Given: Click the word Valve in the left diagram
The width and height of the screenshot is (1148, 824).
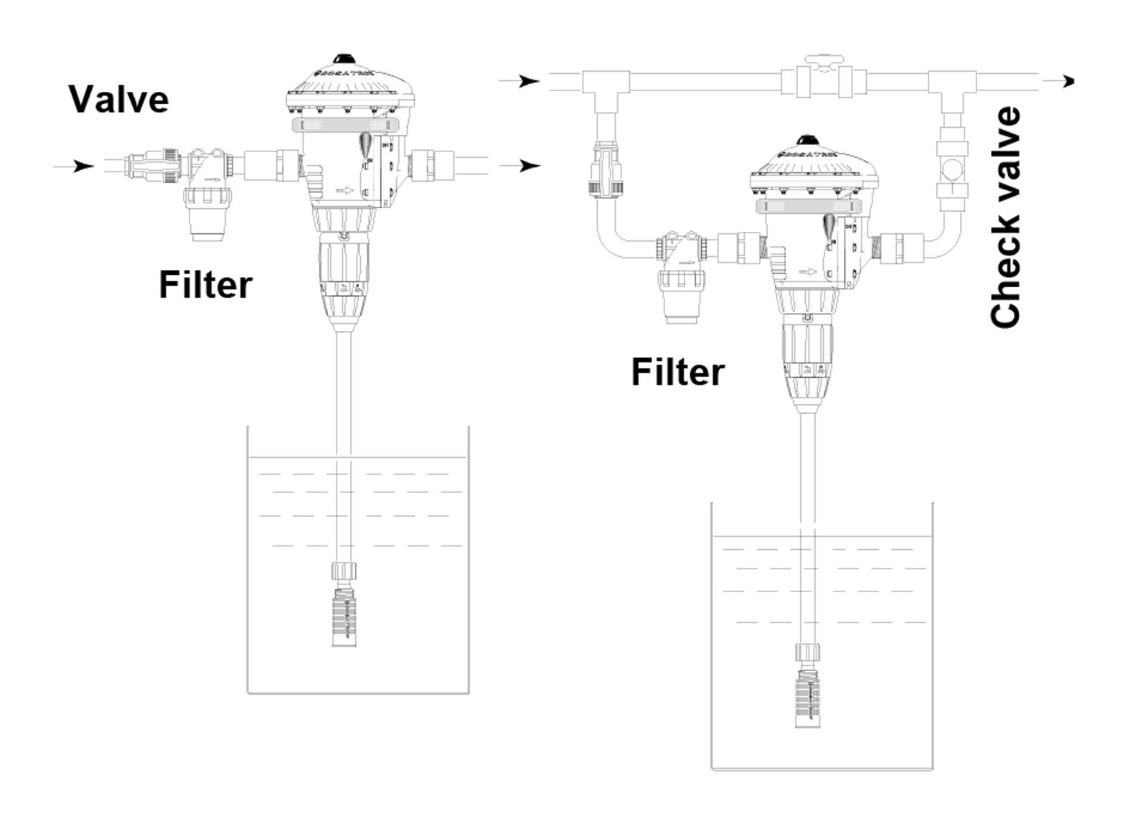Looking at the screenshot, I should click(x=119, y=99).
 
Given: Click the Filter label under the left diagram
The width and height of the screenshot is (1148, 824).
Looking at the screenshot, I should click(x=205, y=285).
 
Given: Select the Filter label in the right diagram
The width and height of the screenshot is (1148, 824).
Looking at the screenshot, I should click(x=677, y=373).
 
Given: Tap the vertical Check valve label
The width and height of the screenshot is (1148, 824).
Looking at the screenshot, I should click(x=1004, y=217).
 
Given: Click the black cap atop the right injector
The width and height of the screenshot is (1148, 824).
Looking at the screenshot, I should click(x=809, y=140).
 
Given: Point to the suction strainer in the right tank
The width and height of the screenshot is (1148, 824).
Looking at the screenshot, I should click(x=807, y=697).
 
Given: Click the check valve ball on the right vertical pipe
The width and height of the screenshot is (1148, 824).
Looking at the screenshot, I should click(x=952, y=171).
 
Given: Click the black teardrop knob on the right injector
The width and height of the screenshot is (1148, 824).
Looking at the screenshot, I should click(x=829, y=226).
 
